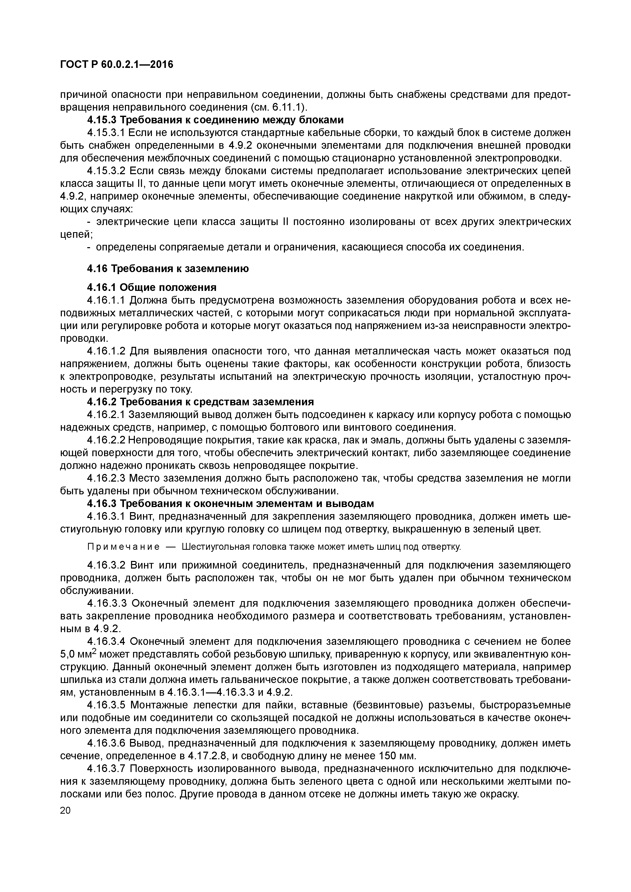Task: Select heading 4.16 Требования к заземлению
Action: pyautogui.click(x=168, y=269)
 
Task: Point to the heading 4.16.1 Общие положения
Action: pyautogui.click(x=152, y=288)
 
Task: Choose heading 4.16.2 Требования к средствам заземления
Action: pyautogui.click(x=200, y=401)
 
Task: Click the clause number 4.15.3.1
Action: pyautogui.click(x=106, y=133)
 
